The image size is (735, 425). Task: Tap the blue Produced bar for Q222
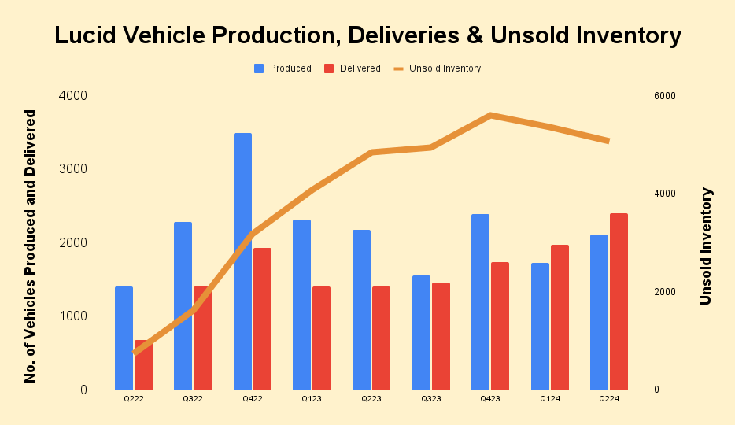(x=124, y=338)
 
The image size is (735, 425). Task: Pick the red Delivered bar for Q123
(x=321, y=338)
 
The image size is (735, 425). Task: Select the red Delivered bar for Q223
(x=381, y=338)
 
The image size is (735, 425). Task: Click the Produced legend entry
(x=283, y=68)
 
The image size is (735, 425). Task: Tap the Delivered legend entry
(x=353, y=68)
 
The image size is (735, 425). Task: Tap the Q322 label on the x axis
(x=193, y=400)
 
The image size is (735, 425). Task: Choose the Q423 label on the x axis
(x=489, y=400)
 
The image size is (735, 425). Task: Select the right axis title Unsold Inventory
(x=706, y=246)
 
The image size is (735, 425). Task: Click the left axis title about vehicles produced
(x=31, y=246)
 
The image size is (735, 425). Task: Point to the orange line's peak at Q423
(x=490, y=115)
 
